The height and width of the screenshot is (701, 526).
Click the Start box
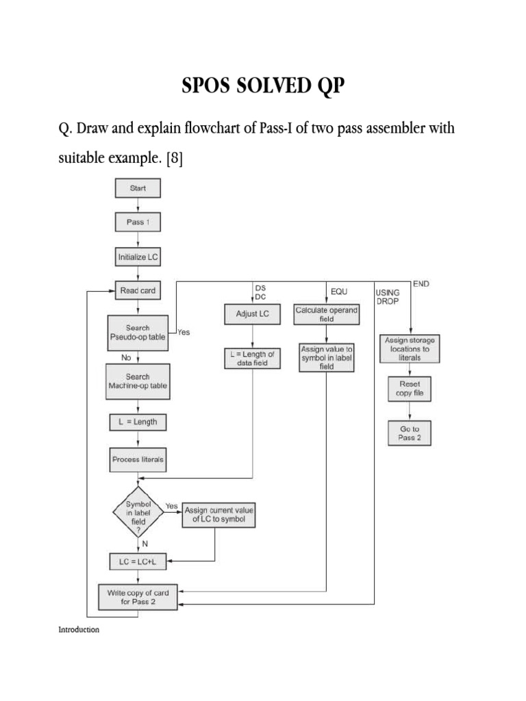point(138,188)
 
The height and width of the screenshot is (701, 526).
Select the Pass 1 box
point(138,222)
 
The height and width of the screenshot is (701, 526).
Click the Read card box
point(138,290)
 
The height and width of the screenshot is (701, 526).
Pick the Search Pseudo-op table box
point(138,333)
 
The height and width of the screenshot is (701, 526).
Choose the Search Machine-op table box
point(138,381)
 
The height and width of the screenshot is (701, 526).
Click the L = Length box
point(138,422)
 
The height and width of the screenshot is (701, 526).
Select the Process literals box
point(138,459)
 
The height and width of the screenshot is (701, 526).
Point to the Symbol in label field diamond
point(138,512)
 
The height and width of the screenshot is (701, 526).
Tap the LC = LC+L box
point(138,561)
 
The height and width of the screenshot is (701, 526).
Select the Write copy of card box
point(138,596)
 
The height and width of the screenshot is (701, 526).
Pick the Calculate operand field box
point(326,314)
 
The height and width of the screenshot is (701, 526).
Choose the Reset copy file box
point(410,389)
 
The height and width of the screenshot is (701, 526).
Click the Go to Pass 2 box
point(410,433)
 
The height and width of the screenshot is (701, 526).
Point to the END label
point(421,283)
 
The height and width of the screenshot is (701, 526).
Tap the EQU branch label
point(339,291)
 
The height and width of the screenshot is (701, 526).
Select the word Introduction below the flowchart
point(79,630)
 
